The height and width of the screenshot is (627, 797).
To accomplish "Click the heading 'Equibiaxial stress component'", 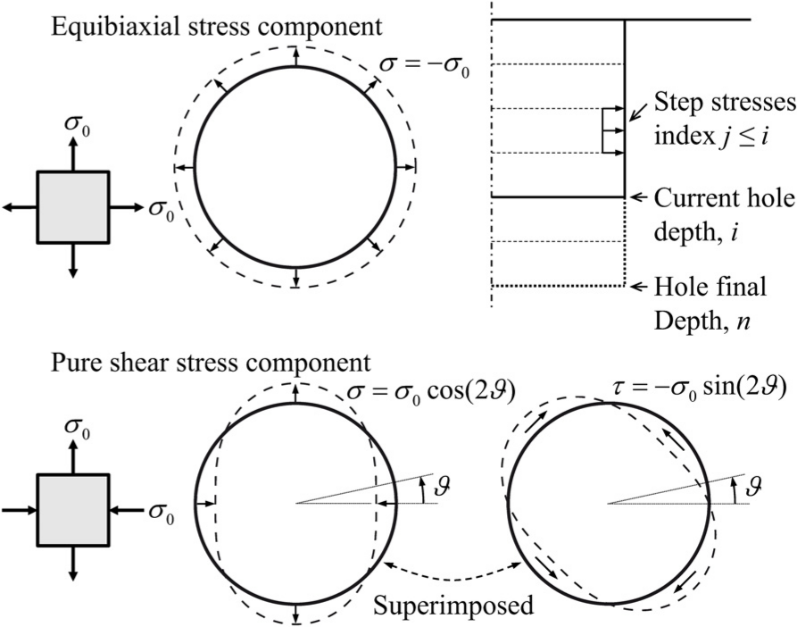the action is pyautogui.click(x=216, y=27).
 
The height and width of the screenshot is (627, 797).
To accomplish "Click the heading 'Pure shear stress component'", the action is pyautogui.click(x=211, y=364).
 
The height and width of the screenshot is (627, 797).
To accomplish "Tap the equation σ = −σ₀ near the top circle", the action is pyautogui.click(x=425, y=68).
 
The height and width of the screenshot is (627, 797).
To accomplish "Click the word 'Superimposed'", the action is pyautogui.click(x=453, y=606).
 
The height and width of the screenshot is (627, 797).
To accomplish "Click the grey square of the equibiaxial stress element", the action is pyautogui.click(x=72, y=207).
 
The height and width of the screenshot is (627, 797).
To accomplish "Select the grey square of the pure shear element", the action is pyautogui.click(x=72, y=509).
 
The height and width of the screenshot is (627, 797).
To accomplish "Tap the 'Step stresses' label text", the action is pyautogui.click(x=725, y=103).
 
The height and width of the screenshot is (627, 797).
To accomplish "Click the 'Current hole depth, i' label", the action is pyautogui.click(x=724, y=215).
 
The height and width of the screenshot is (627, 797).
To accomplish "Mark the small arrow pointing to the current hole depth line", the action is pyautogui.click(x=637, y=196).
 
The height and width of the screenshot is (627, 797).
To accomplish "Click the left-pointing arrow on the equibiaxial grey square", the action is pyautogui.click(x=20, y=207).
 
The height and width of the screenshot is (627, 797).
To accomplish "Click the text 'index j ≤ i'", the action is pyautogui.click(x=710, y=136).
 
